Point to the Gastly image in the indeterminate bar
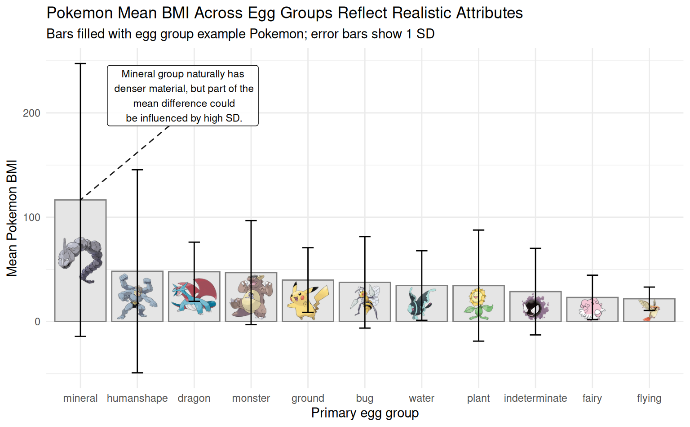535,307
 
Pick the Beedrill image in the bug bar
365,301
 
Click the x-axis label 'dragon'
194,398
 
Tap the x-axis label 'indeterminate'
535,398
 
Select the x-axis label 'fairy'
592,398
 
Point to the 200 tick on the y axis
31,113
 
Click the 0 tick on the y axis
37,322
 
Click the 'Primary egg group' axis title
365,413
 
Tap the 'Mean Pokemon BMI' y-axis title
12,218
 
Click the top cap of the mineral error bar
80,64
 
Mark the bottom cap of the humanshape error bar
137,373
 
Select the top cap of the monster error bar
251,221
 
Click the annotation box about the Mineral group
183,96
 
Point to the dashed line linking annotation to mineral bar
126,162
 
